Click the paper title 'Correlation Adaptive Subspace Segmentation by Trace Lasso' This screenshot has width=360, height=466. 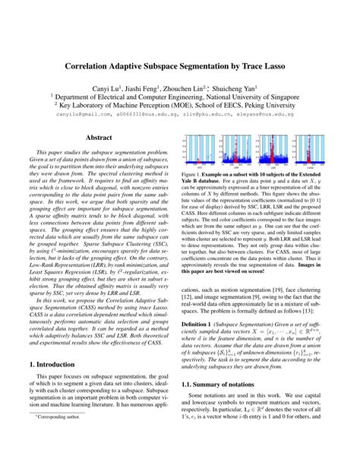180,66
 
